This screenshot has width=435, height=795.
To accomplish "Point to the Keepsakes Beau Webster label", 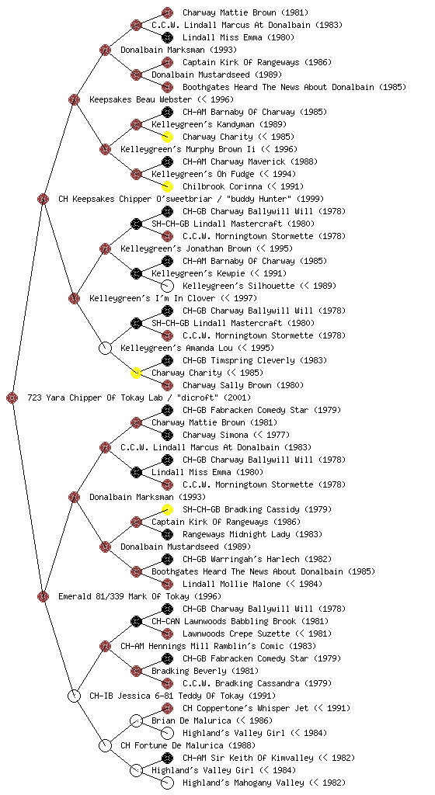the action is click(141, 99).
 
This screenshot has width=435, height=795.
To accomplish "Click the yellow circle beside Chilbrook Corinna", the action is click(167, 186).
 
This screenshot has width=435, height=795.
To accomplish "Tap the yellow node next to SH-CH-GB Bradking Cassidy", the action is click(167, 509).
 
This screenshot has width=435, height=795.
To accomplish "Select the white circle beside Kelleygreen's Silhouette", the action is click(167, 286).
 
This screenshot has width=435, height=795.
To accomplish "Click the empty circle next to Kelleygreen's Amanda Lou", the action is click(105, 348).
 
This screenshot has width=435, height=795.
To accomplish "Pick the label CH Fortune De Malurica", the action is click(172, 745).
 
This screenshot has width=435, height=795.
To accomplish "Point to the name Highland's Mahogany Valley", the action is click(243, 783).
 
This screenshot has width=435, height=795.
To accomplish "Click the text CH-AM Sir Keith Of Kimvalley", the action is click(248, 758).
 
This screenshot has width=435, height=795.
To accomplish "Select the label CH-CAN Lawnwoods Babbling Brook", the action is click(224, 621).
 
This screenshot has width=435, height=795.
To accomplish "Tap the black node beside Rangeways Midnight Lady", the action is click(167, 534).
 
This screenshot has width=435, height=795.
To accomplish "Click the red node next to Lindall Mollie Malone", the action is click(167, 584).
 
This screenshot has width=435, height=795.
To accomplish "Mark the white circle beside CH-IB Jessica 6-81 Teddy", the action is click(74, 696).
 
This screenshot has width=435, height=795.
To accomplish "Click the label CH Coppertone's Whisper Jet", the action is click(245, 708).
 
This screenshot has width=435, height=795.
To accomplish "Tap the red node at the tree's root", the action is click(12, 397).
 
